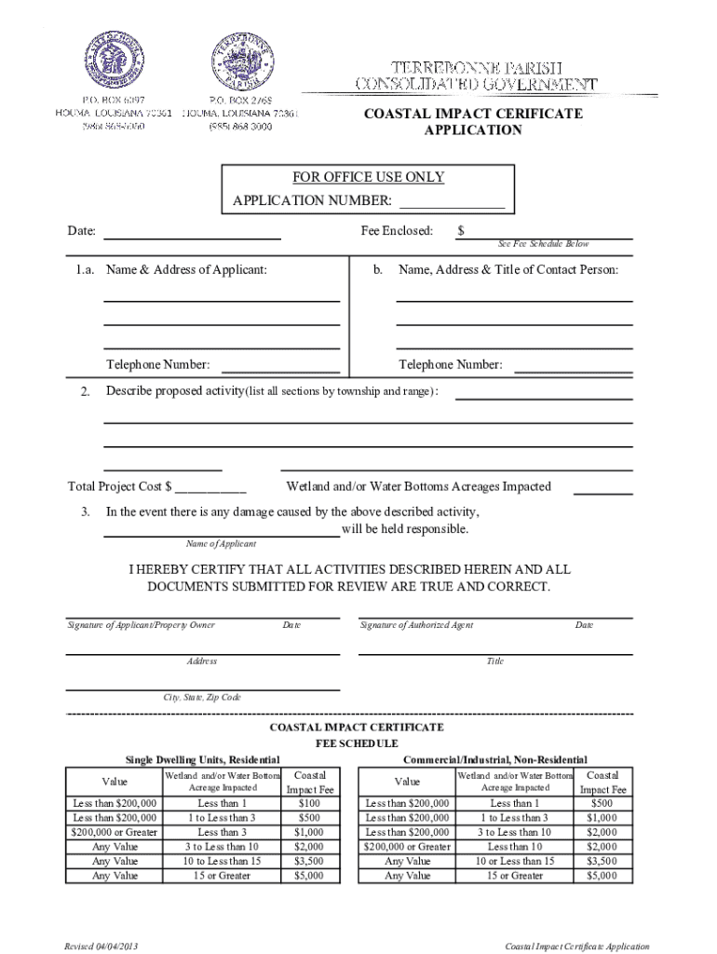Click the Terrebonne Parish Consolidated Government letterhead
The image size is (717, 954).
[x=476, y=76]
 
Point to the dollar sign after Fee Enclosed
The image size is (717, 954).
[x=462, y=230]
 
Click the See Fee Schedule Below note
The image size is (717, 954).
[x=543, y=244]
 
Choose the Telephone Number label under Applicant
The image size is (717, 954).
[x=157, y=364]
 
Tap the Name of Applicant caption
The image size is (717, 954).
[x=221, y=544]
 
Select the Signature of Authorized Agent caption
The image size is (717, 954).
[x=416, y=625]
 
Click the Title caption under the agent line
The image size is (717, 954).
[x=495, y=661]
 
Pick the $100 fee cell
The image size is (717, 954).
[x=309, y=803]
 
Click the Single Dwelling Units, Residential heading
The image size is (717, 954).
[x=202, y=760]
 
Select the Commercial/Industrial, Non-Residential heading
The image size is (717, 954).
[x=495, y=760]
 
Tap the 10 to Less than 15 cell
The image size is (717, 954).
[x=223, y=862]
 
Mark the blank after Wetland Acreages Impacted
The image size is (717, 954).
[x=602, y=487]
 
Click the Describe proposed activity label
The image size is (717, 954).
[x=174, y=390]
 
